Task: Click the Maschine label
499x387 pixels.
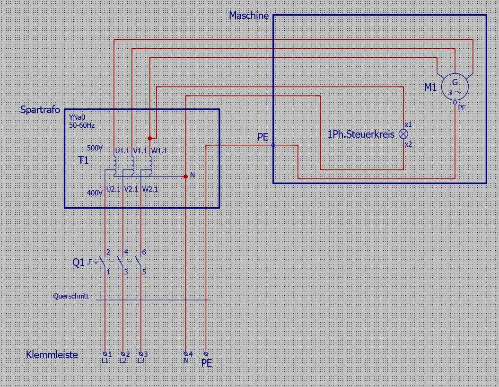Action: point(249,16)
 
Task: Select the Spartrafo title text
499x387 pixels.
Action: point(40,110)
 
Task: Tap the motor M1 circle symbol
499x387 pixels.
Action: point(455,87)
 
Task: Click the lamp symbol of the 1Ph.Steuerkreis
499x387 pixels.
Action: point(403,134)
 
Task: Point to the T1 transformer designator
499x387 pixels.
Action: point(83,160)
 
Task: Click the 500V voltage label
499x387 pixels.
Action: point(95,148)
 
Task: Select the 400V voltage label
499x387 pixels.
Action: point(95,193)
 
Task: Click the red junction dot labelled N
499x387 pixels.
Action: point(185,176)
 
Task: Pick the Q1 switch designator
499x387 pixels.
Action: point(79,263)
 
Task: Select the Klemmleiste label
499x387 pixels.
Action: point(52,355)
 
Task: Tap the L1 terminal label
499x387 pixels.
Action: point(105,361)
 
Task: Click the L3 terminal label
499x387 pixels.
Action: point(141,361)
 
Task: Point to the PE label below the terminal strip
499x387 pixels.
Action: point(207,363)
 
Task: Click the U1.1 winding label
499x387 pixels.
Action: point(122,151)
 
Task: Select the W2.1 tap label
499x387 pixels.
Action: point(150,189)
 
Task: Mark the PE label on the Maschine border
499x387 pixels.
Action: point(263,137)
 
